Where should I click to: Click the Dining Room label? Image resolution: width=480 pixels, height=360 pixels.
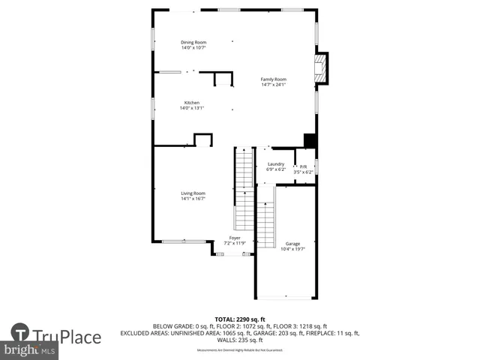(193, 42)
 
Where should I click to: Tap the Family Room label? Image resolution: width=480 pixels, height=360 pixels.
(274, 79)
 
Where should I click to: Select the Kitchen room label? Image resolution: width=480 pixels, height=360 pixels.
(192, 103)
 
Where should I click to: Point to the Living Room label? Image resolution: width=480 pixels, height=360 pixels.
(193, 193)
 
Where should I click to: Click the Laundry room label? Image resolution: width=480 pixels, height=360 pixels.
(276, 163)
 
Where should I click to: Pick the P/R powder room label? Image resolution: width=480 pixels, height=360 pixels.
(303, 166)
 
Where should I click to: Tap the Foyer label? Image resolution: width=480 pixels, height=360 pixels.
(235, 238)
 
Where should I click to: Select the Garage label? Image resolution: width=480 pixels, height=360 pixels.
(292, 244)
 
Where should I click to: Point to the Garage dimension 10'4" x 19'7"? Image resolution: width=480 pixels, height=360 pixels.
(292, 250)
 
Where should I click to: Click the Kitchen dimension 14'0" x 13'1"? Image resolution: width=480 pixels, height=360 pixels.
(192, 108)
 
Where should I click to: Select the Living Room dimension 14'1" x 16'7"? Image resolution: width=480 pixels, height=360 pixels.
(193, 199)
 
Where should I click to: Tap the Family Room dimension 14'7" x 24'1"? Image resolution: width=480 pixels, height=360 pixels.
(274, 85)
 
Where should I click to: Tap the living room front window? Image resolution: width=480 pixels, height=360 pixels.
(184, 241)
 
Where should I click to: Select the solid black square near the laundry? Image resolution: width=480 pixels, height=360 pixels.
(309, 140)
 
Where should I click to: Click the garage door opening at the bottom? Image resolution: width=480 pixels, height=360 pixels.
(284, 298)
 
